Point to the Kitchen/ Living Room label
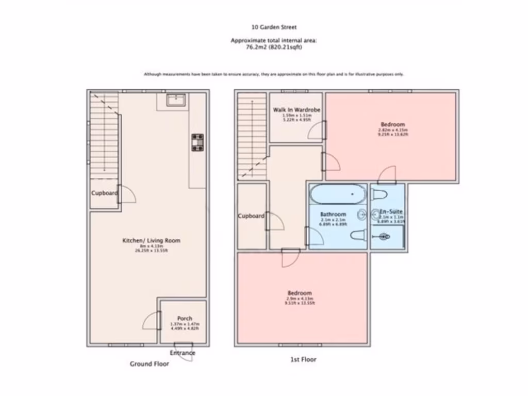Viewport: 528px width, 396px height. (151, 240)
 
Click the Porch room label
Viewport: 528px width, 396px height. (185, 318)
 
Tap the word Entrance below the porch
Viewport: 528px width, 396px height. (183, 353)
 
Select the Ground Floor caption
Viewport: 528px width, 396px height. (149, 364)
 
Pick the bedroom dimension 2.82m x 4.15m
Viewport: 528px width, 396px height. (393, 130)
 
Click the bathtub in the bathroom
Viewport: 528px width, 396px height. (338, 195)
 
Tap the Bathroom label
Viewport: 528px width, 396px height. (333, 214)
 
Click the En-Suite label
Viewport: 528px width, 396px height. (391, 212)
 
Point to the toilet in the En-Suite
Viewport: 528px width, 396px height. (379, 195)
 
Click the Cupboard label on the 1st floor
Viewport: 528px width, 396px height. (251, 216)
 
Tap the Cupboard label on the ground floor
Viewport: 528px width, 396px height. (104, 193)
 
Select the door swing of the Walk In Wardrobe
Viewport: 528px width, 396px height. (317, 131)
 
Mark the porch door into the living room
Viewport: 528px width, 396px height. (152, 321)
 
